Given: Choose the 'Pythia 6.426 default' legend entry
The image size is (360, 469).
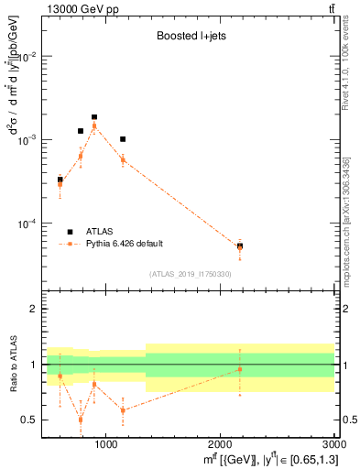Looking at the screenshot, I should pos(125,244).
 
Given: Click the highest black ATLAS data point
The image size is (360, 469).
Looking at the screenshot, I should pos(94,117).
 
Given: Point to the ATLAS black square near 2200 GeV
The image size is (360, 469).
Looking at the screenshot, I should pos(240,245).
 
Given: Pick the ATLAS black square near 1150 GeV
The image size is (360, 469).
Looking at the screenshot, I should pos(123,139).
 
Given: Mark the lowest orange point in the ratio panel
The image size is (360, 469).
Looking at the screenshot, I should pos(81,420).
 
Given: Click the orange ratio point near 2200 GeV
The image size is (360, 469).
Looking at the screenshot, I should pos(240,369).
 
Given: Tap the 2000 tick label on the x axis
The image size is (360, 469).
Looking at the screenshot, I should pos(220,444).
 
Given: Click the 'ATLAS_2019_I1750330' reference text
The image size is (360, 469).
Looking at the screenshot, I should pos(191,274).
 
